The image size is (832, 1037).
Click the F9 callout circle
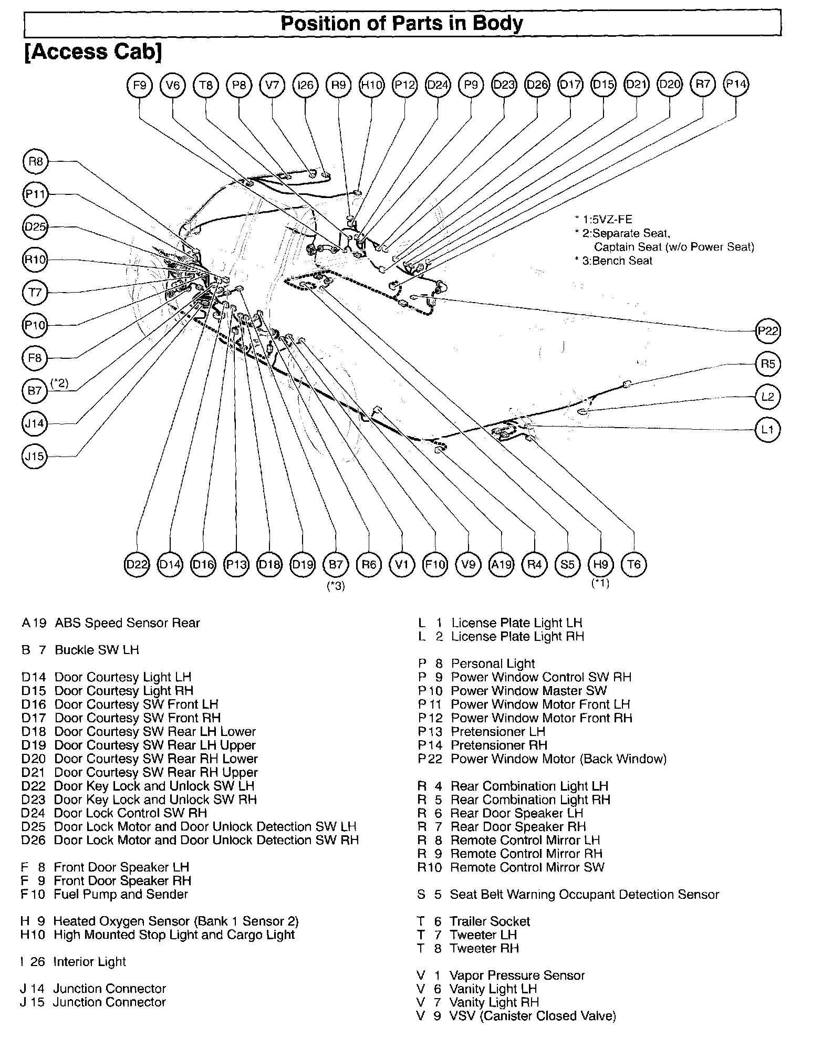140,85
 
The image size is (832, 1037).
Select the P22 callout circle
767,331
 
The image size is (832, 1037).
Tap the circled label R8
36,161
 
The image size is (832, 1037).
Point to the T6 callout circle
634,564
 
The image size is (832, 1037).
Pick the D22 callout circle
137,564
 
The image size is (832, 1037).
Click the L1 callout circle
767,430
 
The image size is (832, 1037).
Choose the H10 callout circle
372,85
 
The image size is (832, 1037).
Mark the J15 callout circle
35,456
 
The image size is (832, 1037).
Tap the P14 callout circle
736,85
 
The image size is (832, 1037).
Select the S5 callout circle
567,564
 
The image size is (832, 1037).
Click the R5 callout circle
767,364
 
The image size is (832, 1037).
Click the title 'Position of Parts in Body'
402,23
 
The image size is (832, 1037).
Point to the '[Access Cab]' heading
93,51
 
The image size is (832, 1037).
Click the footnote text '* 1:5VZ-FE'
604,220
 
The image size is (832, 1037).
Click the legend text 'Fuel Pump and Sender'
121,894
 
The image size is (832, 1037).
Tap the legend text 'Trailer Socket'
490,921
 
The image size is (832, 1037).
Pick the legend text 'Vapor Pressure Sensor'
517,975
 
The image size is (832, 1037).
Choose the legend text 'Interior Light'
89,961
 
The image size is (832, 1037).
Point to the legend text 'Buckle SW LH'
97,650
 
